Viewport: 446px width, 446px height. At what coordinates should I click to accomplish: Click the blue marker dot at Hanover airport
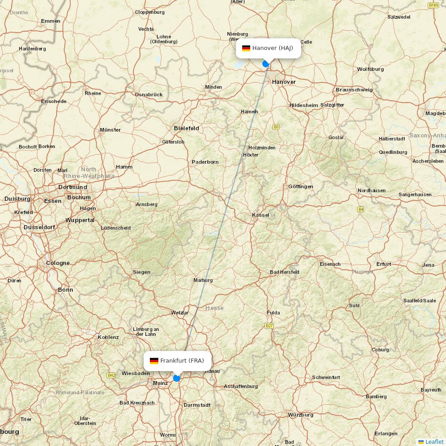click(x=266, y=64)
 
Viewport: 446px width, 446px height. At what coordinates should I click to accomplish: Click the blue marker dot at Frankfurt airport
click(x=177, y=378)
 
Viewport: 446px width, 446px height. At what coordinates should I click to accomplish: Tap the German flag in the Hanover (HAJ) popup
click(x=246, y=48)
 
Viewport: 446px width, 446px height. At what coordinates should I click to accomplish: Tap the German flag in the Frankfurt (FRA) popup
click(x=154, y=361)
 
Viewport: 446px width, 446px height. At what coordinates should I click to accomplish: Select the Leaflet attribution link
click(x=434, y=442)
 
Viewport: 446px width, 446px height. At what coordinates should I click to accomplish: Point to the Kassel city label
click(x=260, y=215)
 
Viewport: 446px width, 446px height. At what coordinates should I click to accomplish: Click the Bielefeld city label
click(x=186, y=128)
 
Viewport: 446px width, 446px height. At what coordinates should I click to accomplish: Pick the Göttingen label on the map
click(x=301, y=186)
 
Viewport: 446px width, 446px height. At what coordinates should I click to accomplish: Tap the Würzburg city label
click(x=301, y=415)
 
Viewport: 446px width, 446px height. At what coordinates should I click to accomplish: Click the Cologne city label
click(x=58, y=263)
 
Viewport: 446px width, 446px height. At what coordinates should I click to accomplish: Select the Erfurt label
click(x=384, y=264)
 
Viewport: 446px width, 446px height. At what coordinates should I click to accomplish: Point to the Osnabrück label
click(x=149, y=95)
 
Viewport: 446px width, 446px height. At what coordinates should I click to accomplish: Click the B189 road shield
click(x=433, y=5)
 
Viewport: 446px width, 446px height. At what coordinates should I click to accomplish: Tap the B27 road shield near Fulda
click(x=269, y=326)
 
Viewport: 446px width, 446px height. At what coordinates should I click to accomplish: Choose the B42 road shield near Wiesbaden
click(x=111, y=376)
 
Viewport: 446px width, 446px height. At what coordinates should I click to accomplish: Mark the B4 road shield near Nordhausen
click(x=360, y=209)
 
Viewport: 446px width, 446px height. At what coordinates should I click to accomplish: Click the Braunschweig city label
click(x=354, y=90)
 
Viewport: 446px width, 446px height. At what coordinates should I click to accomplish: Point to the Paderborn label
click(x=205, y=162)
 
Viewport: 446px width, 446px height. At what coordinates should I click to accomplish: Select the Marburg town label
click(x=203, y=280)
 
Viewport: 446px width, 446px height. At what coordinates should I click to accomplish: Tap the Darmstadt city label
click(x=197, y=405)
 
